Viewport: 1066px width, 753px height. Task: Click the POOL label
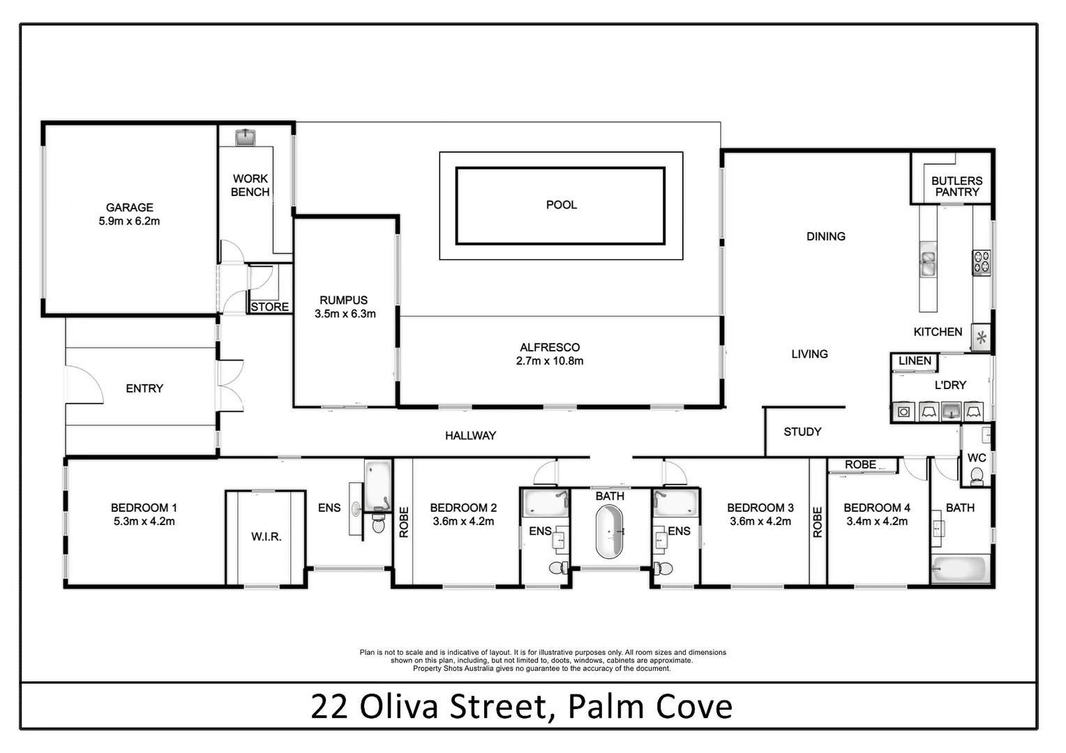click(x=561, y=205)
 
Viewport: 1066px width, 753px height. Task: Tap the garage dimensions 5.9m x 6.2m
click(x=129, y=221)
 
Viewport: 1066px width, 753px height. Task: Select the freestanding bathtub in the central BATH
click(x=609, y=532)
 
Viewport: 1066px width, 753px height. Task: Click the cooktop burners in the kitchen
click(x=982, y=261)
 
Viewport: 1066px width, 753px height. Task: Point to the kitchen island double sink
click(x=928, y=259)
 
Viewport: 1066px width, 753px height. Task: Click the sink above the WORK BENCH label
click(x=245, y=137)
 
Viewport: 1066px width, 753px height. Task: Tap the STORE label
click(x=269, y=307)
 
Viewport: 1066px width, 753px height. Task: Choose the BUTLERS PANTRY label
click(x=956, y=186)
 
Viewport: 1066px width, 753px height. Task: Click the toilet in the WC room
click(x=977, y=476)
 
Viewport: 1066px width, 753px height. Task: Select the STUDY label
click(x=802, y=432)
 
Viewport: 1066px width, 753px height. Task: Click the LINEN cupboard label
click(x=915, y=360)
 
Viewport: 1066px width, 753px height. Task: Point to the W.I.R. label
click(x=266, y=536)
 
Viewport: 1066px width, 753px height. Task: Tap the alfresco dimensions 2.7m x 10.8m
click(x=550, y=360)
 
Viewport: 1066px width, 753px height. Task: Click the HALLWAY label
click(x=470, y=435)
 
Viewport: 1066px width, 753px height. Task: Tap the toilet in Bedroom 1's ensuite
click(x=378, y=523)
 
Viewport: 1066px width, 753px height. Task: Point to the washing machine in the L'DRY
click(x=903, y=411)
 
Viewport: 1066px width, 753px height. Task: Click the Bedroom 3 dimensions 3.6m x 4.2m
click(x=760, y=521)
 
